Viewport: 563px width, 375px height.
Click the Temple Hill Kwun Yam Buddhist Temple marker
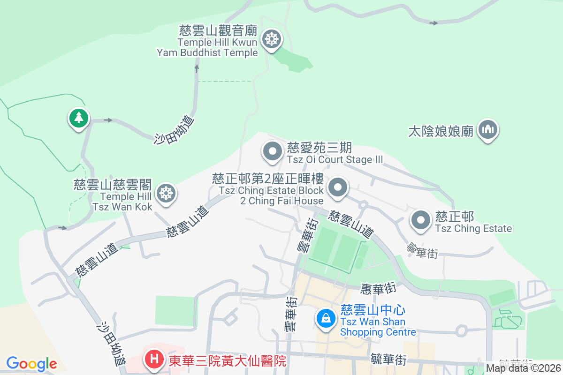(x=271, y=39)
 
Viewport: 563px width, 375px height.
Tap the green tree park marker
(x=79, y=118)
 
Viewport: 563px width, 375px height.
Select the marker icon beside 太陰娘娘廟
(x=488, y=130)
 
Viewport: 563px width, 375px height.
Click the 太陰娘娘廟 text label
(x=441, y=131)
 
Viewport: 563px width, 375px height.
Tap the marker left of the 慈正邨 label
(x=421, y=220)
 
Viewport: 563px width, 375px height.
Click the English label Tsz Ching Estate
(x=473, y=229)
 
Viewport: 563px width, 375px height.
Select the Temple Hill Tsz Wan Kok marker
(x=166, y=193)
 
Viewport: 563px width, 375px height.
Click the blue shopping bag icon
(x=326, y=319)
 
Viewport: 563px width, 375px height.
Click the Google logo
(x=31, y=364)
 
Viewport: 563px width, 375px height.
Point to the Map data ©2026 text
(x=523, y=368)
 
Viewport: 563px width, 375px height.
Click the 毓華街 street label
(x=388, y=360)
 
